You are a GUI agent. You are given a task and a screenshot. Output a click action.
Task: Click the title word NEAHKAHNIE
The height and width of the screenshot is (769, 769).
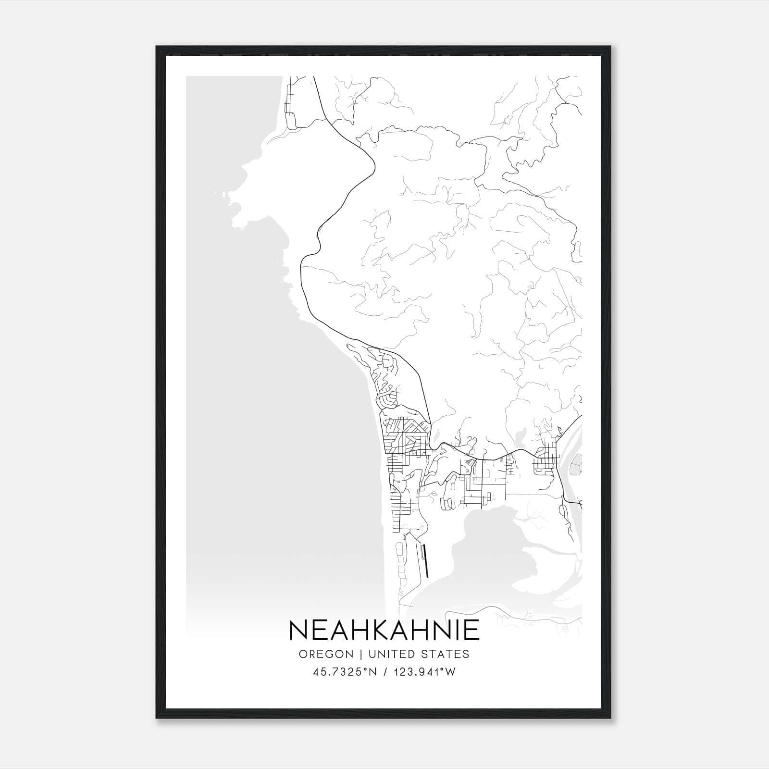click(384, 630)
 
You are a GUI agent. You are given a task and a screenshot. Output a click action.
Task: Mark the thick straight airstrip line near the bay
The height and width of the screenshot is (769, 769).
click(424, 560)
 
